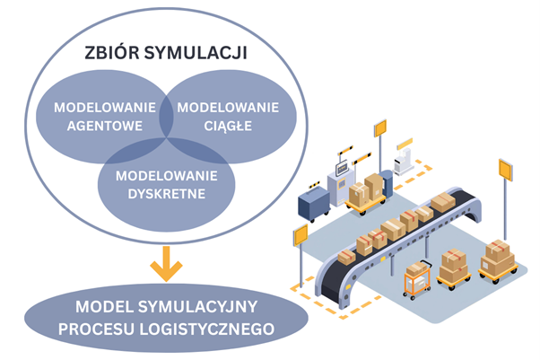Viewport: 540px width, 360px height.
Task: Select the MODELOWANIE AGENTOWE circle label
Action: tap(105, 116)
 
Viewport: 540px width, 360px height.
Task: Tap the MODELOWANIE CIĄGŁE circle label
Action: tap(227, 116)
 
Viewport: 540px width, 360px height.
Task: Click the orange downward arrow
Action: tap(166, 265)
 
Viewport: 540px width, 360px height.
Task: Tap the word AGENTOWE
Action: tap(105, 125)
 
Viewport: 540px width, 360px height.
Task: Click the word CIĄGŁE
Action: tap(227, 125)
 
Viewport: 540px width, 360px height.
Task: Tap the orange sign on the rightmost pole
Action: tap(504, 169)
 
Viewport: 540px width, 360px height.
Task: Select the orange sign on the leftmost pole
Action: tap(299, 234)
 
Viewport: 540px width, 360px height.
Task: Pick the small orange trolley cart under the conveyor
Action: tap(415, 281)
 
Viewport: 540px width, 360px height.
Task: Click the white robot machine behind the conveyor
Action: tap(405, 160)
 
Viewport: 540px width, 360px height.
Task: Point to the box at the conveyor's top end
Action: tap(441, 202)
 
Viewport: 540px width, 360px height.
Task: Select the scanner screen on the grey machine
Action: tap(341, 167)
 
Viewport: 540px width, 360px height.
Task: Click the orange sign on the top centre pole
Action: tap(379, 127)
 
